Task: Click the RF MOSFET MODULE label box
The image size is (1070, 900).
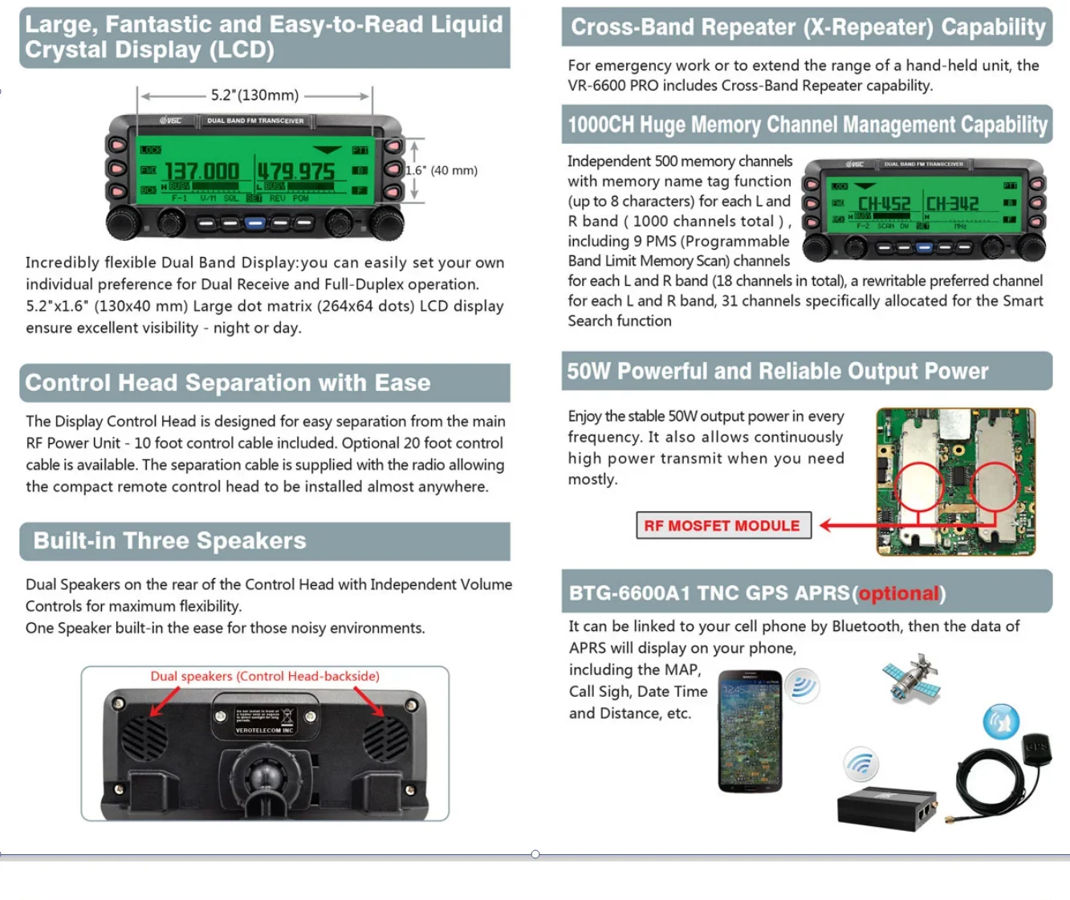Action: [722, 526]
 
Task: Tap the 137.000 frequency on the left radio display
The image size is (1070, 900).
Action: [201, 172]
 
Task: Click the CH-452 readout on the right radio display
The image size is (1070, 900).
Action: [884, 205]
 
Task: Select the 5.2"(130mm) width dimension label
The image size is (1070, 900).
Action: [254, 96]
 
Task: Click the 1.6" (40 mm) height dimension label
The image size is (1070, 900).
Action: [441, 170]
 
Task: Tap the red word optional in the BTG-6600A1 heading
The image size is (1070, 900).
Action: [898, 593]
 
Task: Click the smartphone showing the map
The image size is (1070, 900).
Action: [750, 731]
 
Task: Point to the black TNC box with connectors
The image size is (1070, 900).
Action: [887, 808]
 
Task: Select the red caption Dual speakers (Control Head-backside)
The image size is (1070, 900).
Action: [265, 676]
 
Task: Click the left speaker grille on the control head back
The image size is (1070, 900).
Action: [144, 738]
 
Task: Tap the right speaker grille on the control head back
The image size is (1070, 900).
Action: [385, 738]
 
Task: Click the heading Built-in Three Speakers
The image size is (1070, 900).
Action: [169, 541]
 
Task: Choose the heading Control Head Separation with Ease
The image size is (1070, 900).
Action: [228, 383]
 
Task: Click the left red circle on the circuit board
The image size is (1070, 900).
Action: [919, 487]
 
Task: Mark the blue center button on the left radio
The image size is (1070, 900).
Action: [254, 222]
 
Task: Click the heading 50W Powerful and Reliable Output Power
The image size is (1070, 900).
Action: [777, 372]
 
